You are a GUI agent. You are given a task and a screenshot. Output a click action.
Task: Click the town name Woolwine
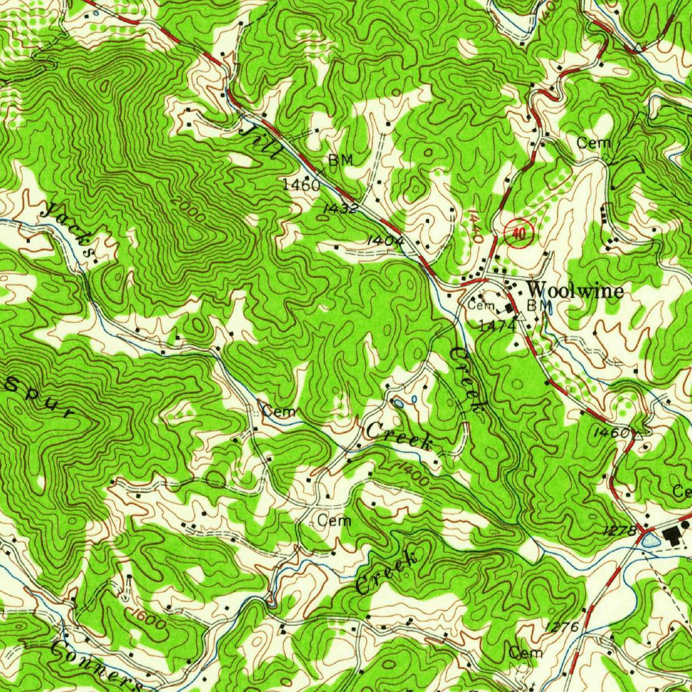[575, 289]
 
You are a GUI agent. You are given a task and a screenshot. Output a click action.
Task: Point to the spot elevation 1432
[340, 208]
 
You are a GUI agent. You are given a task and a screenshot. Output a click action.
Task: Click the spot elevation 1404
[386, 240]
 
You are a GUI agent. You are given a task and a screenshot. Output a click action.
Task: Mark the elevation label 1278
[619, 532]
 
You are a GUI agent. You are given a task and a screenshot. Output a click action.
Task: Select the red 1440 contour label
[474, 226]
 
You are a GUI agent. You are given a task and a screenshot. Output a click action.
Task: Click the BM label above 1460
[341, 160]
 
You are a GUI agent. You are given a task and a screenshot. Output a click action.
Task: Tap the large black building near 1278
[672, 537]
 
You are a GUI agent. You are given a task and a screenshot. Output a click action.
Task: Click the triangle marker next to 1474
[522, 316]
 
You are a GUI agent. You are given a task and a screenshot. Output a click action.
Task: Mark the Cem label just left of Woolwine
[482, 306]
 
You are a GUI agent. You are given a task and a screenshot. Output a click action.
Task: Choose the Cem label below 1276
[526, 653]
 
